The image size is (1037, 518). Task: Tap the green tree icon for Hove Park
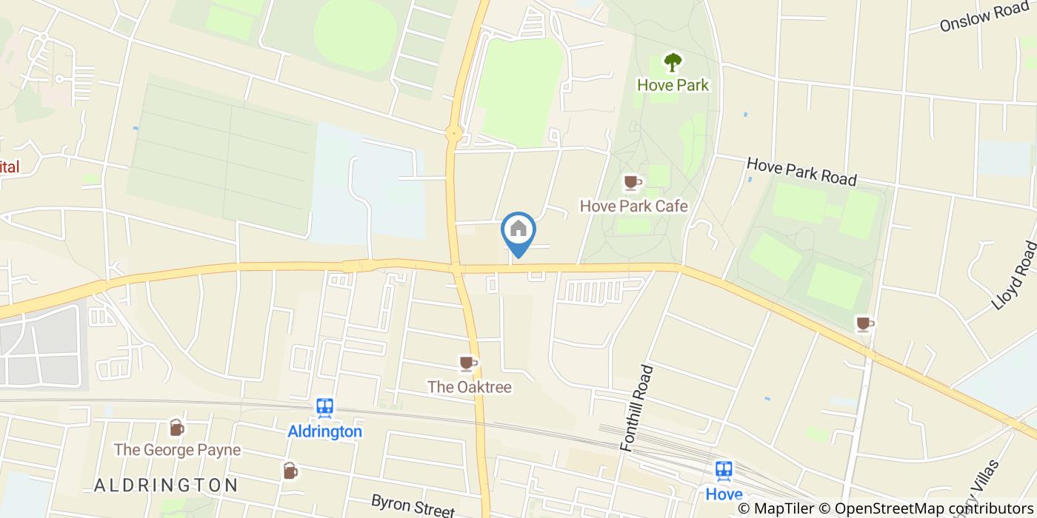click(673, 62)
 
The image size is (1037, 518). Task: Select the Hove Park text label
click(673, 85)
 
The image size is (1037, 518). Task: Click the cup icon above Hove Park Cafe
click(632, 181)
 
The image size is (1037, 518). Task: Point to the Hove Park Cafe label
click(633, 206)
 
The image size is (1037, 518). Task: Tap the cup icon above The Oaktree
click(467, 363)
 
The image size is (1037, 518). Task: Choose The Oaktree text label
click(469, 386)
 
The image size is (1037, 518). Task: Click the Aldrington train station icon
click(324, 408)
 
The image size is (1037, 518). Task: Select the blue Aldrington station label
click(324, 431)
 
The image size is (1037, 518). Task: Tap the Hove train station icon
click(724, 470)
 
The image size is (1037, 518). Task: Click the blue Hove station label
click(724, 494)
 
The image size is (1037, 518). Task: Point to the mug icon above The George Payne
click(176, 427)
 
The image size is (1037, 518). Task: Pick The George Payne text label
click(177, 450)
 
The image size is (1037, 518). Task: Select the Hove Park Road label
click(801, 171)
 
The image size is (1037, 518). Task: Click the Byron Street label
click(412, 506)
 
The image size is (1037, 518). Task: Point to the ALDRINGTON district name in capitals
click(166, 485)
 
